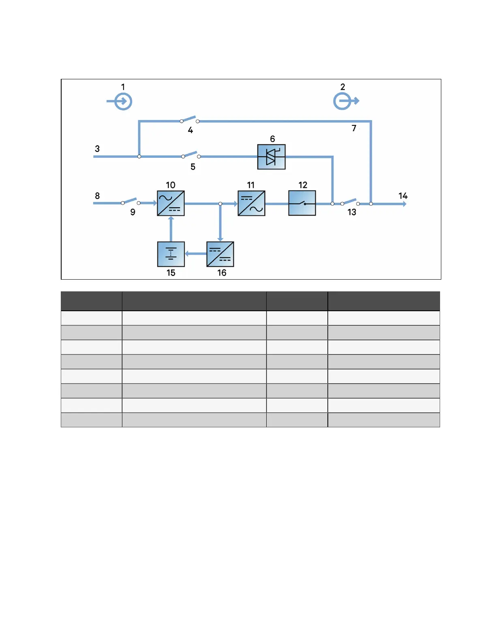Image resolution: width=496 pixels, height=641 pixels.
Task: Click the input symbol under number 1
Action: (122, 102)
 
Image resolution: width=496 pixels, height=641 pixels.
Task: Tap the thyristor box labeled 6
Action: (272, 157)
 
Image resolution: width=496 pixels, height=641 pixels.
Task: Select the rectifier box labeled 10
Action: (171, 203)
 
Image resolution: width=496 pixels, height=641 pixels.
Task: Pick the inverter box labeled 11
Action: (252, 203)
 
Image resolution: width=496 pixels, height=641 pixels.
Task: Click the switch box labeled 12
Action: (302, 203)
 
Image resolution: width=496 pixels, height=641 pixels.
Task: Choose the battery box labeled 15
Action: (171, 254)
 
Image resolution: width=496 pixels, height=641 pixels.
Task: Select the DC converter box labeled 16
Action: (220, 254)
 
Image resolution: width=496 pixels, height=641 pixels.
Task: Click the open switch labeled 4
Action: (190, 120)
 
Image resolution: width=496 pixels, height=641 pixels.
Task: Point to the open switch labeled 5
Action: (191, 155)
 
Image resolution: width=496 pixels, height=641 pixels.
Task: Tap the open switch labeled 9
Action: (130, 202)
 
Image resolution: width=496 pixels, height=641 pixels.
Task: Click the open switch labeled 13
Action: (350, 202)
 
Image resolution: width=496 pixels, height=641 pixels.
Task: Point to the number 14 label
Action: (403, 196)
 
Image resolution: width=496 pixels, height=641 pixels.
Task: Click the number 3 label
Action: (97, 149)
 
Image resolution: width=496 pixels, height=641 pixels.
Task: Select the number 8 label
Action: (97, 196)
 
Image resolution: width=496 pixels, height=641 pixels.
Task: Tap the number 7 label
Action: (354, 128)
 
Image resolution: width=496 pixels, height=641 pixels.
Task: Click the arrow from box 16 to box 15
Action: (196, 254)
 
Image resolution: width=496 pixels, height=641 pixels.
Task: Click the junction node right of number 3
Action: (139, 157)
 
